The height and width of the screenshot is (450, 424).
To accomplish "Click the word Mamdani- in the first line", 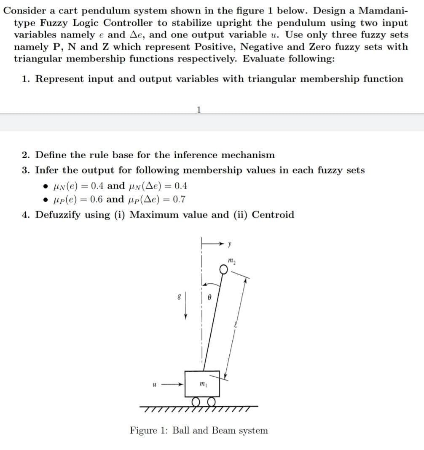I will point(383,11).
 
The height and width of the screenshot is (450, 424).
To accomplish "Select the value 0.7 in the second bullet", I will point(179,200).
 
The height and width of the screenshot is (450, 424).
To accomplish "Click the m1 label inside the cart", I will point(202,384).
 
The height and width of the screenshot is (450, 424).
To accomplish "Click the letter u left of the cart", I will point(155,384).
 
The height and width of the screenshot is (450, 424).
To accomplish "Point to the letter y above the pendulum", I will point(230,243).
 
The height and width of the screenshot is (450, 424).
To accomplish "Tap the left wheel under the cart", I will point(196,401).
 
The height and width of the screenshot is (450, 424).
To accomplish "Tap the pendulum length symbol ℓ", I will point(237,325).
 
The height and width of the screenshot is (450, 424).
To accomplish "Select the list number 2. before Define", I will point(26,155).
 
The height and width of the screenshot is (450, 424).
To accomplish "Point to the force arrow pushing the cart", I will point(173,384).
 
